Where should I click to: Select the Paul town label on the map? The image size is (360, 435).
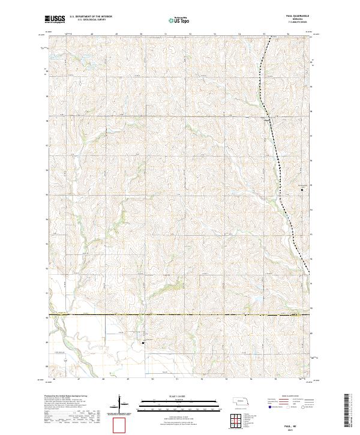pyautogui.click(x=267, y=118)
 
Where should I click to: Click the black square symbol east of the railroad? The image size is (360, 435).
pyautogui.click(x=302, y=190)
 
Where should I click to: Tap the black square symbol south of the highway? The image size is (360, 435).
pyautogui.click(x=143, y=343)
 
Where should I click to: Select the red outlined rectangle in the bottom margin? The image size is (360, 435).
pyautogui.click(x=121, y=425)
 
